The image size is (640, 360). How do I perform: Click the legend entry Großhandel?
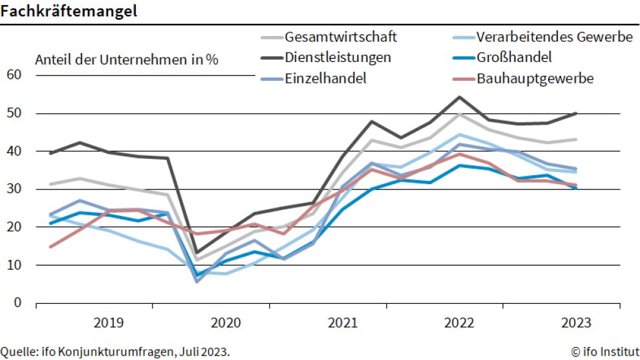pos(514,57)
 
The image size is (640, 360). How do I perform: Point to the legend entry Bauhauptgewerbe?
pos(535,78)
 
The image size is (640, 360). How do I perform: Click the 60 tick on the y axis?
pos(14,75)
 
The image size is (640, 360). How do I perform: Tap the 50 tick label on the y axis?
pos(14,113)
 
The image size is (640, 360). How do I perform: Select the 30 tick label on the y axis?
pos(14,189)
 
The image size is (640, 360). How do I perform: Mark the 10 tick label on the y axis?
pos(14,264)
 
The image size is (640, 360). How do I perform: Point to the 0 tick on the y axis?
pos(17,302)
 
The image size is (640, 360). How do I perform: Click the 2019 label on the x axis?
pos(109,322)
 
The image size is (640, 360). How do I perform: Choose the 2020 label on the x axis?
pos(226,322)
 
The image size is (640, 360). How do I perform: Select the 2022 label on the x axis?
pos(460,322)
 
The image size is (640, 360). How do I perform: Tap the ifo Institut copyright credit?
pos(605,352)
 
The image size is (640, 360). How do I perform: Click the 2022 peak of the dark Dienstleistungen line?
pos(459,97)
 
